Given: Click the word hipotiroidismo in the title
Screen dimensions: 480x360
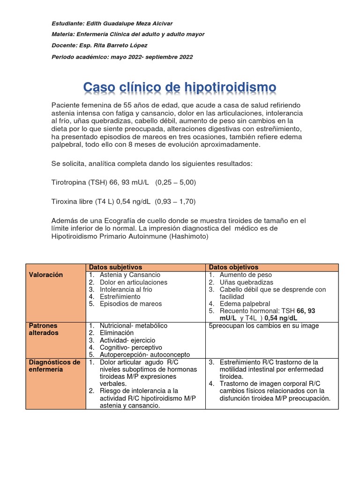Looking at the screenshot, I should [230, 87].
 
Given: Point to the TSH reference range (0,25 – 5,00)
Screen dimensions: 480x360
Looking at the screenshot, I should [176, 182].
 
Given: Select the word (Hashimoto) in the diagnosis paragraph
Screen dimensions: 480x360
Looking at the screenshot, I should [186, 236].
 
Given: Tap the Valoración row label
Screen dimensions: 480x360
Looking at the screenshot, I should [45, 275].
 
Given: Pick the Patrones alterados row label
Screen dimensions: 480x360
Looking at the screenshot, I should [43, 329].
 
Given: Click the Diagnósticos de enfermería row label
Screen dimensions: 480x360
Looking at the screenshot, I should [54, 366].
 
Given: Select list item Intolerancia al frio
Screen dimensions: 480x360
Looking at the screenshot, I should [126, 290].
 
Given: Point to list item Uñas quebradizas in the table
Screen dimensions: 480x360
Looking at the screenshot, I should [246, 283].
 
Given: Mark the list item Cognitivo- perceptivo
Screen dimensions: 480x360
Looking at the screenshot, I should [131, 347].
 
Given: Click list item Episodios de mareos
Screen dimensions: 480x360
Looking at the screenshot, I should [131, 304].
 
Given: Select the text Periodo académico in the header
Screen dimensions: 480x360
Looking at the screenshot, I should [79, 57].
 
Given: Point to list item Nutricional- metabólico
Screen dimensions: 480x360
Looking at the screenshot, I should [133, 325].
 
